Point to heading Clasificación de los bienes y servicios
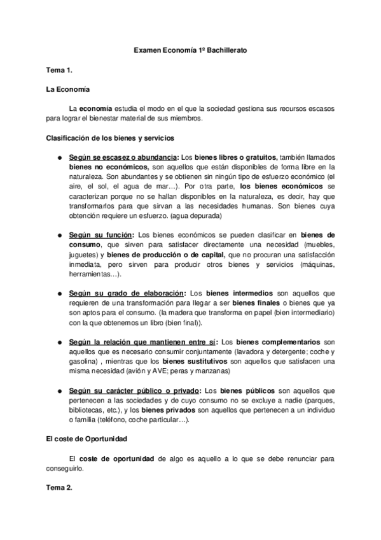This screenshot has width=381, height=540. click(110, 138)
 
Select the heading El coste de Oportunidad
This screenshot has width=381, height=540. click(87, 439)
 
